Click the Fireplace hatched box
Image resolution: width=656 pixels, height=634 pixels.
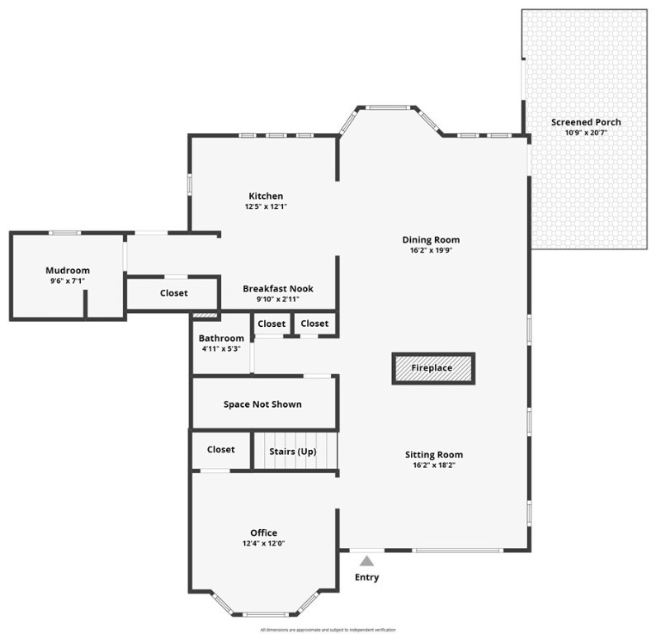[432, 368]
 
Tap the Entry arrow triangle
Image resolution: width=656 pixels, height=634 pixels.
[366, 561]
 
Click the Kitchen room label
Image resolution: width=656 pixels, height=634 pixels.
[266, 196]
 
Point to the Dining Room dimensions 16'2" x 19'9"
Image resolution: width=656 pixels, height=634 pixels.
[431, 250]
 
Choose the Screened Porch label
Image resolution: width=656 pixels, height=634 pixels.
[586, 122]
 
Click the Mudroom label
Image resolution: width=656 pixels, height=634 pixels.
[68, 270]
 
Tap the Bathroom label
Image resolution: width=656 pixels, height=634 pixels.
[221, 338]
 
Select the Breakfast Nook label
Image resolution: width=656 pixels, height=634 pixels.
[277, 289]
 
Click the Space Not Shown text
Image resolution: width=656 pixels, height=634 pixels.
[262, 405]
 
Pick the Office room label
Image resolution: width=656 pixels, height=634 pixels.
[264, 532]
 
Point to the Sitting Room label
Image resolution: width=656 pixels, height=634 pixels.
[433, 455]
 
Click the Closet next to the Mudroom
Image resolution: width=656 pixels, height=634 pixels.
[173, 293]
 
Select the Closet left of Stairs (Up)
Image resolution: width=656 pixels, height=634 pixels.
[220, 450]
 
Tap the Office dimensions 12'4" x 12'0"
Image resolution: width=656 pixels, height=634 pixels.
[264, 543]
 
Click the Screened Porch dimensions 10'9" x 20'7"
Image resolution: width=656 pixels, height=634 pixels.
[586, 133]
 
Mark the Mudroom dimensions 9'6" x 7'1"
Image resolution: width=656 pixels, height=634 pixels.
[68, 281]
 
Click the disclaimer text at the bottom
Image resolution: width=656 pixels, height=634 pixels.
[328, 629]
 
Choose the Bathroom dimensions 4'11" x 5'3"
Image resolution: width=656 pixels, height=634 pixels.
[221, 348]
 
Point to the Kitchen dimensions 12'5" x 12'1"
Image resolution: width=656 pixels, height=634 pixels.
[266, 206]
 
